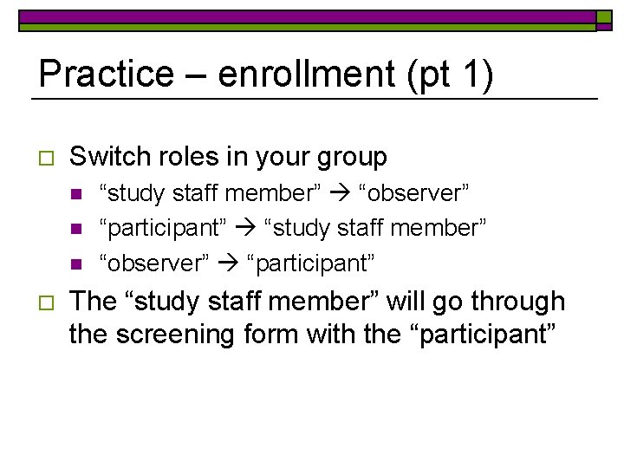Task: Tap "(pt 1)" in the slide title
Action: click(x=463, y=74)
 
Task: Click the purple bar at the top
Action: click(x=307, y=16)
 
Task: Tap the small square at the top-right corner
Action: click(x=603, y=16)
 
